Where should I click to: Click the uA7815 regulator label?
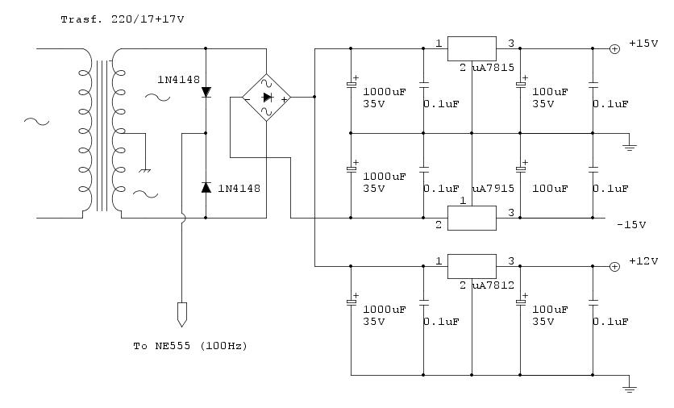point(493,68)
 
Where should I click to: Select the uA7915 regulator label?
point(493,189)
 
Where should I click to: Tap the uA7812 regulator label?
point(493,285)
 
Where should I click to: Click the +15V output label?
point(643,44)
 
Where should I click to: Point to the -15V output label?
point(631,225)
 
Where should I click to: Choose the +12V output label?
point(643,261)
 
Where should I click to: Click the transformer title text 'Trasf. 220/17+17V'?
point(123,19)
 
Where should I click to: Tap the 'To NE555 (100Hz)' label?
point(190,346)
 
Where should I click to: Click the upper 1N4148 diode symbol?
point(206,92)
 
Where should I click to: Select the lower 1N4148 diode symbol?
point(206,187)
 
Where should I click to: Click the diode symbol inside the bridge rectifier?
point(268,98)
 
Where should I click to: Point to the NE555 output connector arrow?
point(182,314)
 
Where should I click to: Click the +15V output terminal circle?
point(614,49)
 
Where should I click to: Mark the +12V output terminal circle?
point(614,267)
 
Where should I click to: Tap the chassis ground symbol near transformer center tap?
point(145,171)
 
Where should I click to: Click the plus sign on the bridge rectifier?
point(284,99)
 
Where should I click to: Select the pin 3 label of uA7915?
point(511,212)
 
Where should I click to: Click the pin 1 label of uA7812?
point(439,261)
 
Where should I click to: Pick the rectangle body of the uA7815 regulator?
point(472,48)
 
